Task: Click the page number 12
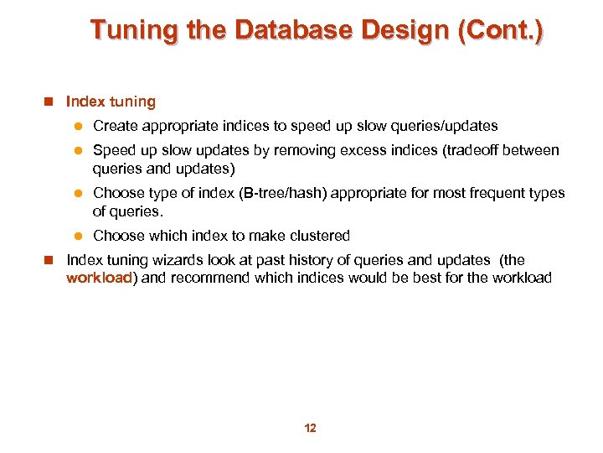click(x=310, y=429)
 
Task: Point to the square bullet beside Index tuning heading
click(x=49, y=102)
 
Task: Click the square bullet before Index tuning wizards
click(x=49, y=261)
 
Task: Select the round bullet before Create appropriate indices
click(x=75, y=127)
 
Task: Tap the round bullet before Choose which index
click(x=75, y=237)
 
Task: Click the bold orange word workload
click(x=100, y=278)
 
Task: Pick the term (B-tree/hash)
click(x=283, y=193)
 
